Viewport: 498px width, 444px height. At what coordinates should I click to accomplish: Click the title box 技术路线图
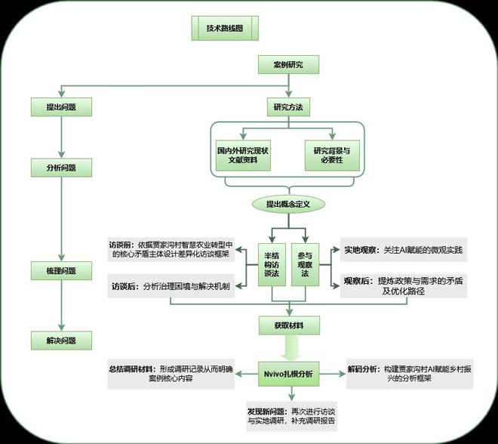[x=226, y=28]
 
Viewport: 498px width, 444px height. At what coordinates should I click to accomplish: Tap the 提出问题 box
[x=61, y=107]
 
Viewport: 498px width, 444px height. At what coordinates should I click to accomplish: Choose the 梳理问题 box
[x=61, y=270]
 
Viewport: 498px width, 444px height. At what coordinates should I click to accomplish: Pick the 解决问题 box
[x=61, y=340]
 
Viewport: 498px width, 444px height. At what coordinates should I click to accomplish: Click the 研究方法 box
[x=287, y=107]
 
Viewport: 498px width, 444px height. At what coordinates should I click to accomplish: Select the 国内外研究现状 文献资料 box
[x=244, y=156]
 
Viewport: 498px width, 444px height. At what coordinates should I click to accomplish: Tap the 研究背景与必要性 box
[x=333, y=156]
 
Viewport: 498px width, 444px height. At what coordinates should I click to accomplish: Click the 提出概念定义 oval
[x=288, y=204]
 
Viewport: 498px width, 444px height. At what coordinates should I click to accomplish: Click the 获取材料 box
[x=287, y=326]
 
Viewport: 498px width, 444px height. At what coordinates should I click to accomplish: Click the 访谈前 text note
[x=174, y=250]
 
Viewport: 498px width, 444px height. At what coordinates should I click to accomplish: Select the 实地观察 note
[x=404, y=248]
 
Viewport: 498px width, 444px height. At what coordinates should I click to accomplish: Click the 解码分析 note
[x=408, y=374]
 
